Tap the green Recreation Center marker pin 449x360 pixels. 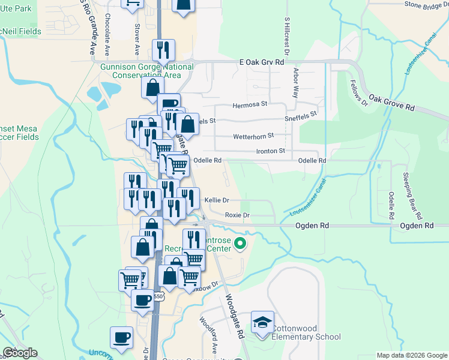241,244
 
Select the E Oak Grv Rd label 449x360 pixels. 261,62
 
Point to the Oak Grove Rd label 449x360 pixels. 392,103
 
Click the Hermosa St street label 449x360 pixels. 250,104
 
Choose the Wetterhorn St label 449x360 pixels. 253,136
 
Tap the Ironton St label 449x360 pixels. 270,152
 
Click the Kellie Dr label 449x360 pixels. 217,200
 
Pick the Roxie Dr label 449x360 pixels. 237,215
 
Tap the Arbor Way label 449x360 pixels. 295,83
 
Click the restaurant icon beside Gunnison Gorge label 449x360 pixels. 163,51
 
